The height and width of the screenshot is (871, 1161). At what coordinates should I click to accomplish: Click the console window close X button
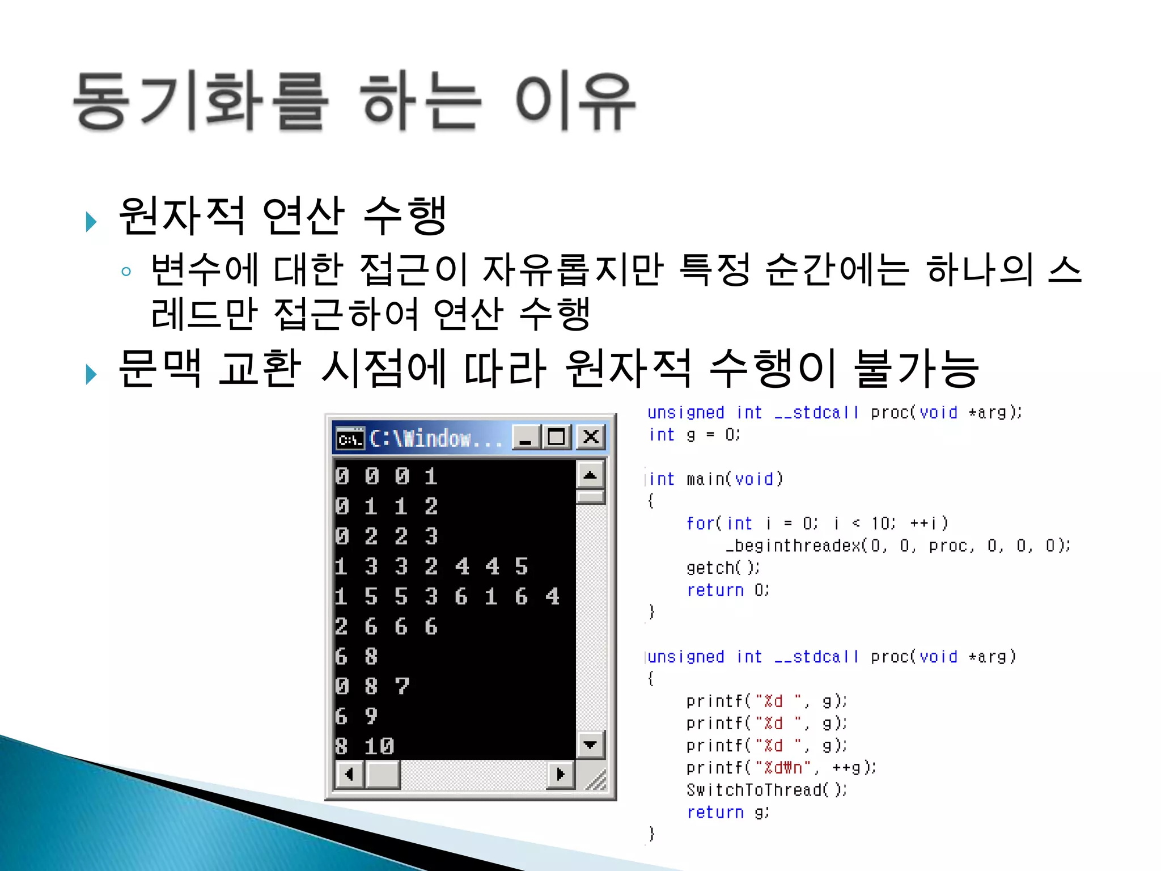[591, 437]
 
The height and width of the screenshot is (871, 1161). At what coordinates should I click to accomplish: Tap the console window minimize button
[526, 437]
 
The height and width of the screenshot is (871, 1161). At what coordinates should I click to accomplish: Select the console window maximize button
[557, 437]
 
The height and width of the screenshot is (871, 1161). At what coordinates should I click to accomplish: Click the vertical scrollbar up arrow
[590, 475]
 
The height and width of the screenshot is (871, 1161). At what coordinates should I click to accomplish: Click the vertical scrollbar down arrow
[590, 745]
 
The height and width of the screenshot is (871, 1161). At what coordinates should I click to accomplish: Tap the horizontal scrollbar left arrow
[350, 774]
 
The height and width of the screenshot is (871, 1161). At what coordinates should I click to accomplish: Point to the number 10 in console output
[379, 746]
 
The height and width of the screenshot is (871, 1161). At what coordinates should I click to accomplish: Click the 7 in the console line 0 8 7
[402, 686]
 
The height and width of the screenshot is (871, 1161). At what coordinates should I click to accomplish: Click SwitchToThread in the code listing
[753, 790]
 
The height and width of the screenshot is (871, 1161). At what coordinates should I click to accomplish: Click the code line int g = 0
[694, 435]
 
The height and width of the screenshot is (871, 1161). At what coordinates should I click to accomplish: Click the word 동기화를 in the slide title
[201, 103]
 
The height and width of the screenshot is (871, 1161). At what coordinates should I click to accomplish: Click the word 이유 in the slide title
[575, 103]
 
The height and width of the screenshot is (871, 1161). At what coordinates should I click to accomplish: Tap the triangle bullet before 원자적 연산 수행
[91, 221]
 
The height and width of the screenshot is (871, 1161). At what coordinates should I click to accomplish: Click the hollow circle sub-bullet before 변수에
[126, 272]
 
